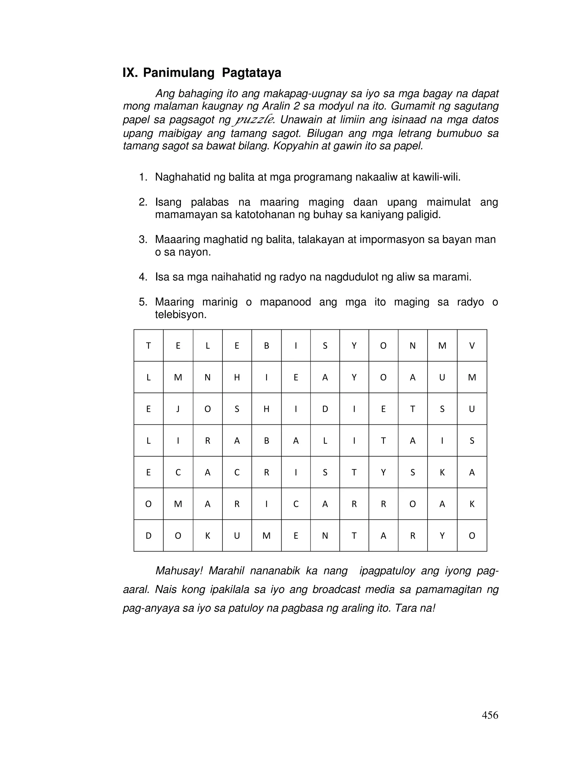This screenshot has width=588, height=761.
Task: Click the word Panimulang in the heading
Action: coord(178,73)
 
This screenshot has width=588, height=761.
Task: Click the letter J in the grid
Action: coord(178,409)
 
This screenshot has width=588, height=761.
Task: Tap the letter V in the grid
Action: coord(472,346)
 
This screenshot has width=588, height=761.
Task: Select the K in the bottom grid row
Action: coord(207,536)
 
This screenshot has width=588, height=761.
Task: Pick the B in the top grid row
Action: coord(266,346)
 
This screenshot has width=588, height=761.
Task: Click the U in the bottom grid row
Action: coord(237,536)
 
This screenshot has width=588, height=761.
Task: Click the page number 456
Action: coord(490,716)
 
